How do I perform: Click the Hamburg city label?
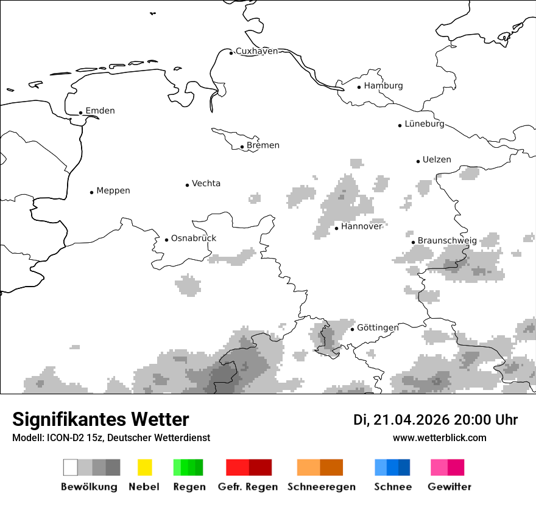point(383,86)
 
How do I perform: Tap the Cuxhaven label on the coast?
point(256,51)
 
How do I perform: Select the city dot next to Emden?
point(80,113)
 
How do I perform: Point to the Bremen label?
point(263,145)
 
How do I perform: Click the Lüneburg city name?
point(425,124)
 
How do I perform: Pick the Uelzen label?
point(437,160)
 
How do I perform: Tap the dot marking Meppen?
point(91,192)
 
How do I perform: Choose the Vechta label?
point(206,184)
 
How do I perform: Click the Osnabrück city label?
point(194,239)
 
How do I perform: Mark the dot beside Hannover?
point(336,228)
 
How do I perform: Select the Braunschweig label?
point(447,241)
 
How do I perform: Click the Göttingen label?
point(378,328)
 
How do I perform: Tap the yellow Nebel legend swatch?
point(144,467)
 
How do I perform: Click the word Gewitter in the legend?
point(450,487)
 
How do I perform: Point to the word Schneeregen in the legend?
point(322,487)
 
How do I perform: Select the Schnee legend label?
point(393,487)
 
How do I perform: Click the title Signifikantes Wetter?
point(100,419)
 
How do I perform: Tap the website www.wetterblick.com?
point(440,438)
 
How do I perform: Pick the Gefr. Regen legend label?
point(248,487)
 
